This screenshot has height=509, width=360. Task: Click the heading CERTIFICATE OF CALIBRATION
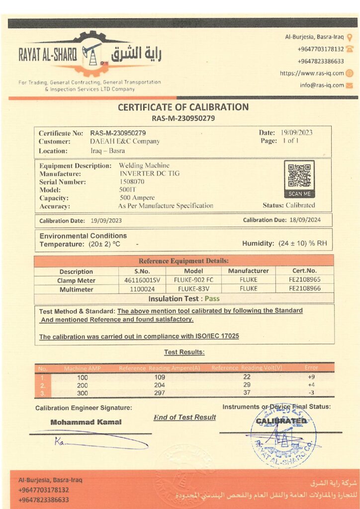[183, 107]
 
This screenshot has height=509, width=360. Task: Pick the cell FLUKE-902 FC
[193, 280]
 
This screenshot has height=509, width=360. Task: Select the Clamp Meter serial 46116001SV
[141, 280]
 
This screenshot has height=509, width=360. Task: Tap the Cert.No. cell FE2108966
[304, 288]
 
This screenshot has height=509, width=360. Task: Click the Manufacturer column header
[248, 271]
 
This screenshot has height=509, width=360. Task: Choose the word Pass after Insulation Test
[212, 299]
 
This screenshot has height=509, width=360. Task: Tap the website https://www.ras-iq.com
[312, 73]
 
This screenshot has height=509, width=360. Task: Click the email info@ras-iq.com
[322, 85]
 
